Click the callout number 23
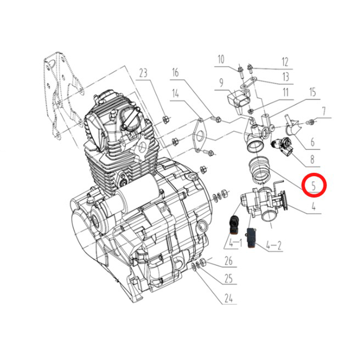pos(143,73)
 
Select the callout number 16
pos(175,73)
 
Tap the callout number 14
pos(175,94)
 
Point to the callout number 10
pos(221,59)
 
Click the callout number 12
pos(285,62)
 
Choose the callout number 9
pos(221,83)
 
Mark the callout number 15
pos(313,92)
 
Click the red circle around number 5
pos(314,185)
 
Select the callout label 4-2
pos(274,246)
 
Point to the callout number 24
pos(229,298)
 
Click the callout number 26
pos(229,261)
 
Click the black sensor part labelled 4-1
pos(234,225)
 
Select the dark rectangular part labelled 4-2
pos(251,238)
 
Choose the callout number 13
pos(285,77)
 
